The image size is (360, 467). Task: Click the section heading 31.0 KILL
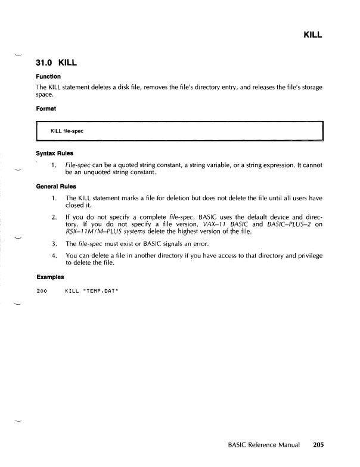click(57, 62)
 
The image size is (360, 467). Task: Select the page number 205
click(314, 445)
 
